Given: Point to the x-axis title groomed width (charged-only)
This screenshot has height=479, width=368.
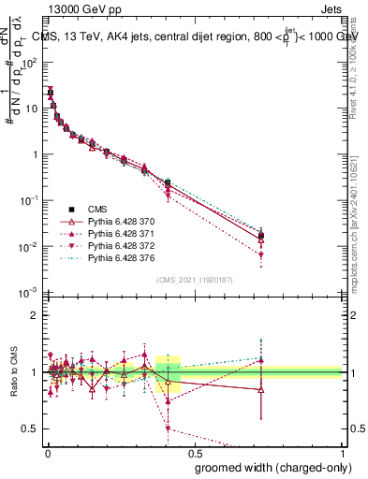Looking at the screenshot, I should click(269, 466).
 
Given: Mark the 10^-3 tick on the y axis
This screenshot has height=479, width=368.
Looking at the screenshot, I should click(31, 293).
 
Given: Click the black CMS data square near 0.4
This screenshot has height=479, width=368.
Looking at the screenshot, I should click(168, 183).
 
